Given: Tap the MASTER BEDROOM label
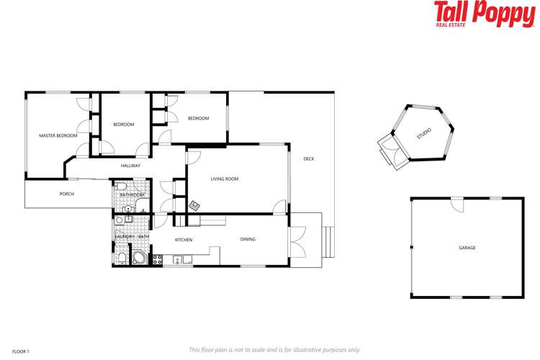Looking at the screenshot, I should (58, 135).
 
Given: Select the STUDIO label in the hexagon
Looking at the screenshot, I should (424, 135).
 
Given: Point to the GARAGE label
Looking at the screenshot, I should (467, 248).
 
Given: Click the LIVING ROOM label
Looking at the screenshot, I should (224, 179).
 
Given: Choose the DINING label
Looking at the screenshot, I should (248, 239).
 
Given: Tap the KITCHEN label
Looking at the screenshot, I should (184, 239).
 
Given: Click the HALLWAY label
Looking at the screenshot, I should (130, 166).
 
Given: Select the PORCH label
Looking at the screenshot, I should (66, 194).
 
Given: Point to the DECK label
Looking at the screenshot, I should (308, 158).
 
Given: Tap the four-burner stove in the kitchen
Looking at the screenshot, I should (158, 259).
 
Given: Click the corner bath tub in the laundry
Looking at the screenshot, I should (137, 258).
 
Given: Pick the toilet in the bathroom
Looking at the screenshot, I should (122, 186).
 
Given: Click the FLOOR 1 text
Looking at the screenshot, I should (21, 351).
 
